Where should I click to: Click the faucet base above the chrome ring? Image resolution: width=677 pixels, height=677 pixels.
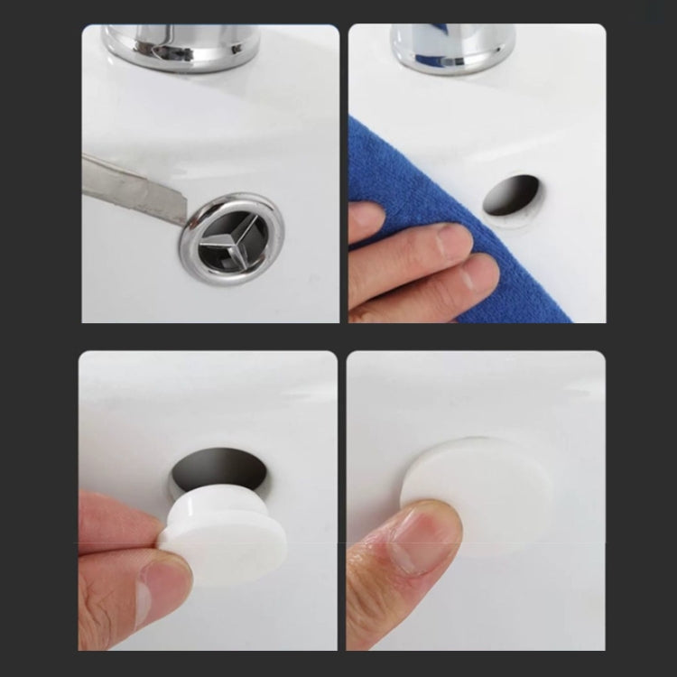181,45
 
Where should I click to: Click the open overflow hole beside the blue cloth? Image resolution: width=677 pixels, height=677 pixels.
511,195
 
